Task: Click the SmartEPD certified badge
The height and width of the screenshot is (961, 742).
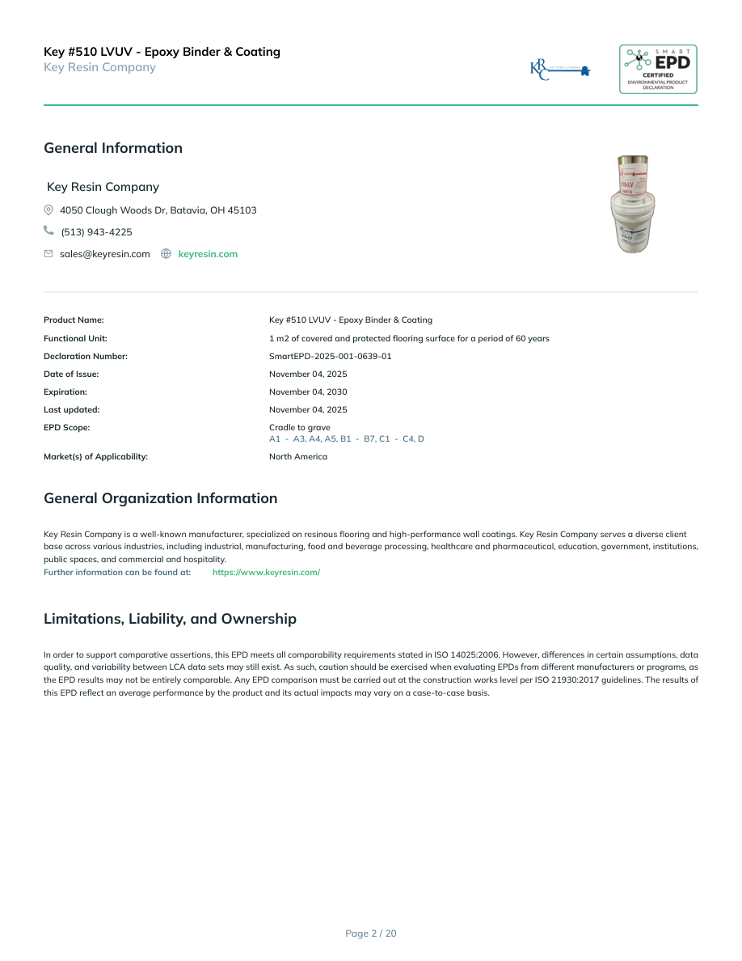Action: click(x=658, y=70)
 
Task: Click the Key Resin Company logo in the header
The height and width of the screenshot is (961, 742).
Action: click(x=559, y=70)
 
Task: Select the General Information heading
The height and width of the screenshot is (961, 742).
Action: click(x=113, y=148)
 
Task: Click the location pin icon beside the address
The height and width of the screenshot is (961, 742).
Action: click(x=48, y=210)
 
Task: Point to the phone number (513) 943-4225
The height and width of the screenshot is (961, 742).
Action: click(x=96, y=232)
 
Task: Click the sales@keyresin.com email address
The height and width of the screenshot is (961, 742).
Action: click(x=105, y=254)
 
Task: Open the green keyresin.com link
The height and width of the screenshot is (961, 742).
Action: click(x=208, y=254)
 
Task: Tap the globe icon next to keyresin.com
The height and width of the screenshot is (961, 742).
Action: click(x=166, y=254)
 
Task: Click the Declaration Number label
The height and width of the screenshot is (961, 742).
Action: click(x=86, y=357)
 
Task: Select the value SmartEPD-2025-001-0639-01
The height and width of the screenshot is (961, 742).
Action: click(x=330, y=357)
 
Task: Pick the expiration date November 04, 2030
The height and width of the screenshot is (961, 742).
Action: click(x=308, y=392)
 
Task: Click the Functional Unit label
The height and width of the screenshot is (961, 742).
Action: click(x=75, y=339)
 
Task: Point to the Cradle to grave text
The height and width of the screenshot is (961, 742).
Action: click(x=299, y=428)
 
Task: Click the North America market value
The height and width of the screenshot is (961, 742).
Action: click(x=298, y=457)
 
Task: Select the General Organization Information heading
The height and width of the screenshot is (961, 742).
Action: click(x=160, y=498)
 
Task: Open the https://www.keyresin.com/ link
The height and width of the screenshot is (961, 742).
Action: click(x=266, y=573)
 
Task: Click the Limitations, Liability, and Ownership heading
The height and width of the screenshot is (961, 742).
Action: click(x=170, y=619)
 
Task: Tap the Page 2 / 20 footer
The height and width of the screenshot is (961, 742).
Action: click(x=371, y=933)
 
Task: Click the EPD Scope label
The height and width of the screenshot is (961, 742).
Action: click(x=66, y=428)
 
